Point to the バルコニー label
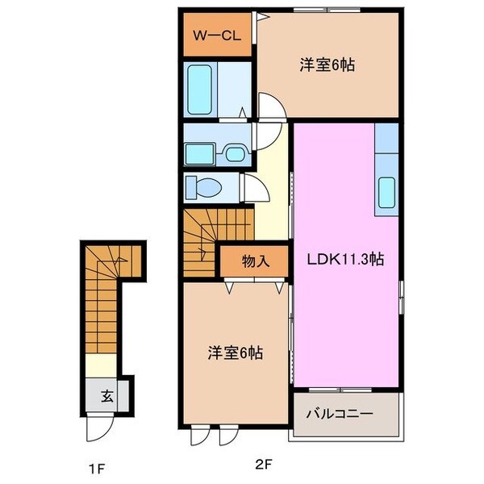[340, 414]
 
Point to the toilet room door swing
[257, 188]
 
